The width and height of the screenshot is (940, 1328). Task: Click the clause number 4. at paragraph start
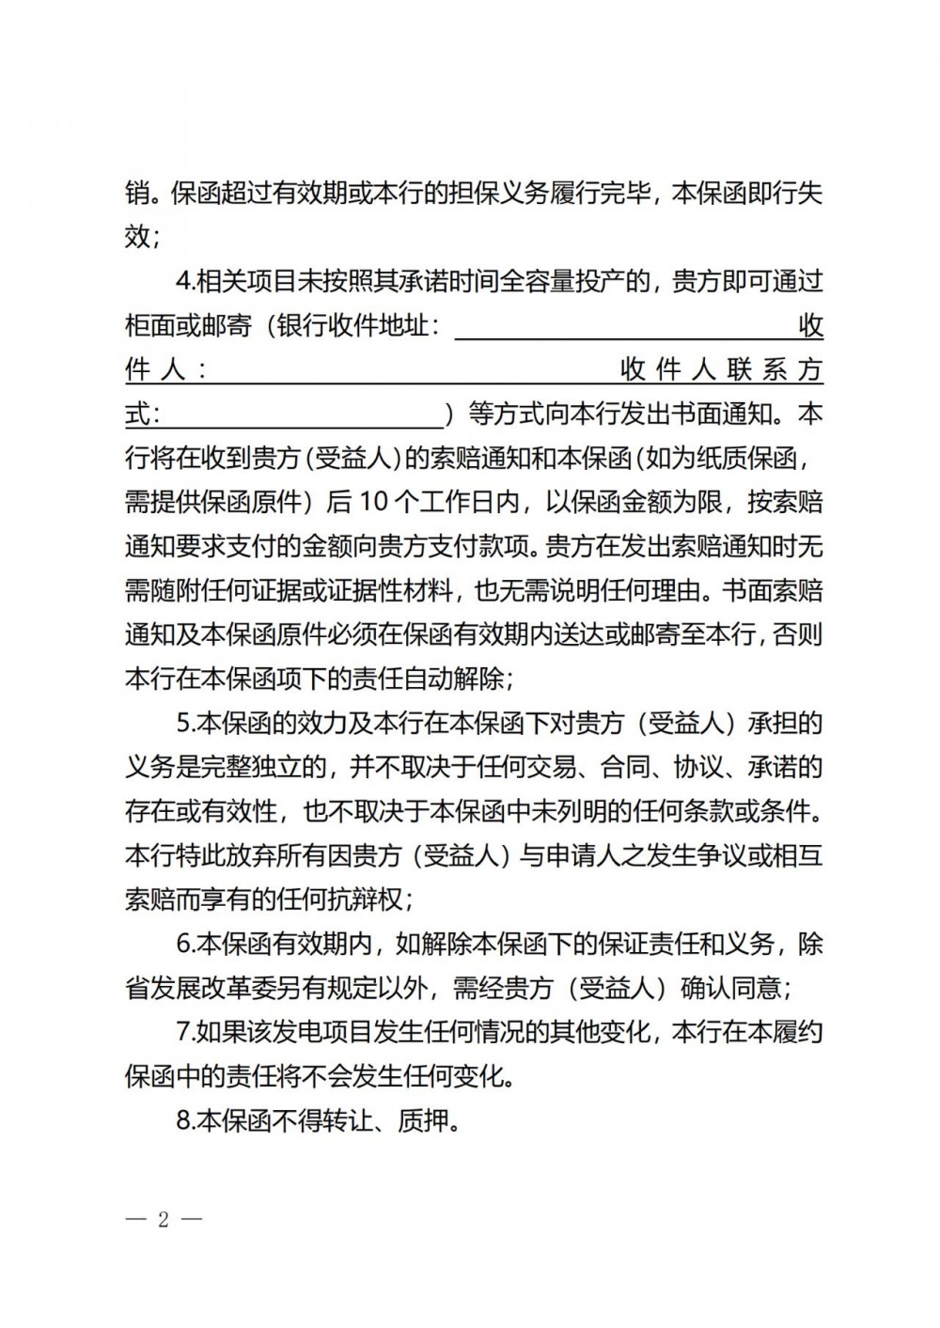coord(185,281)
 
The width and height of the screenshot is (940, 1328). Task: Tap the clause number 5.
coord(185,723)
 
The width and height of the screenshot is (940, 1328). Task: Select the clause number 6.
coord(185,944)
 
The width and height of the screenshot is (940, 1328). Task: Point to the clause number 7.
coord(185,1032)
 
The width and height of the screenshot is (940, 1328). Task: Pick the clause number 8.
coord(185,1120)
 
